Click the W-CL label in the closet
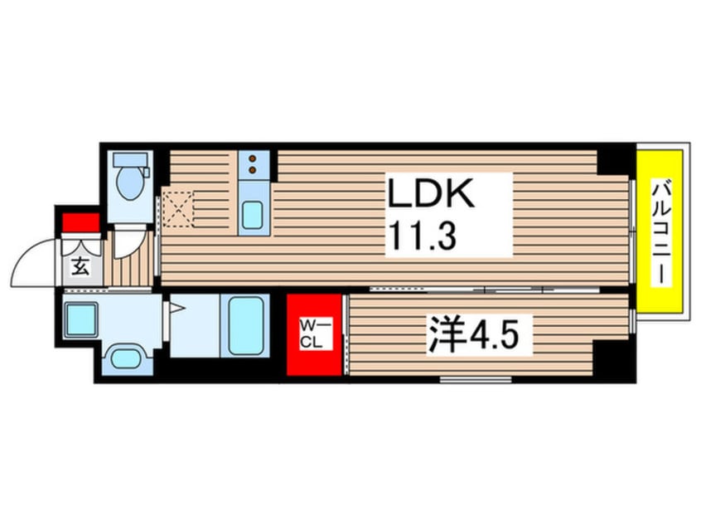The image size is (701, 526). tap(314, 333)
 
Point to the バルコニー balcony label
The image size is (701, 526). tap(660, 231)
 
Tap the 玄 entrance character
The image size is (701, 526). tap(81, 267)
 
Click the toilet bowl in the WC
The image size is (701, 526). tap(128, 184)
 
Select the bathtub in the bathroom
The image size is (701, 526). tap(247, 326)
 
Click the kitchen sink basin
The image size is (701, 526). tap(253, 216)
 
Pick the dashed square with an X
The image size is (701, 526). tap(177, 208)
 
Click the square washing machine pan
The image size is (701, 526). tap(81, 319)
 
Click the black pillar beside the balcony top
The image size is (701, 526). tap(615, 158)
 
